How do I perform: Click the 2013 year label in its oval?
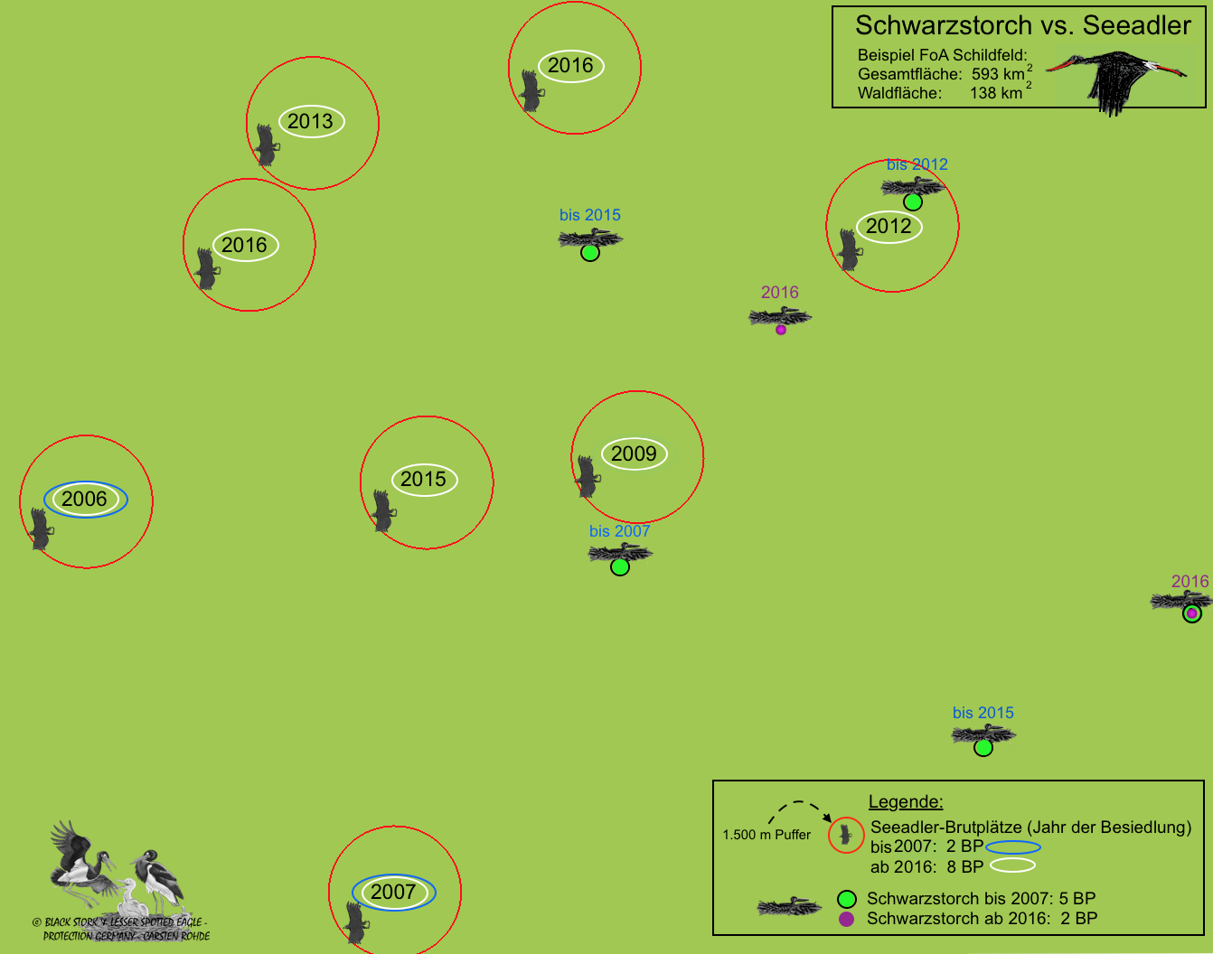tap(311, 122)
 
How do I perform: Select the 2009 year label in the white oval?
tap(634, 454)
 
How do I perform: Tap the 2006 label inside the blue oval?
tap(85, 500)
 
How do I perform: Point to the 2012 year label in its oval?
tap(889, 227)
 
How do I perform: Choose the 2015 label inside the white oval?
tap(424, 480)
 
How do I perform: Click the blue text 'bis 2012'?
tap(917, 164)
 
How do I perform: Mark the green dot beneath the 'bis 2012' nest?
tap(913, 201)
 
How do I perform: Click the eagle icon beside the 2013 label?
tap(266, 145)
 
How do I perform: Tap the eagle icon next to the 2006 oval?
tap(40, 528)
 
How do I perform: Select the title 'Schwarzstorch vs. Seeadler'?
tap(1022, 25)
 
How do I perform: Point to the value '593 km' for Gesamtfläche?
tap(998, 74)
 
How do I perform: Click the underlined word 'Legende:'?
tap(905, 801)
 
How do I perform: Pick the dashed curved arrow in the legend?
tap(799, 809)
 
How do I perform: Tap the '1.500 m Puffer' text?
tap(766, 835)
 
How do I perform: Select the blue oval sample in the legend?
tap(1012, 847)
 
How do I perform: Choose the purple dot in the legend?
tap(846, 919)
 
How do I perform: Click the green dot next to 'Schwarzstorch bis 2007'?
tap(846, 899)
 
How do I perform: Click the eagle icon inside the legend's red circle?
tap(846, 835)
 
